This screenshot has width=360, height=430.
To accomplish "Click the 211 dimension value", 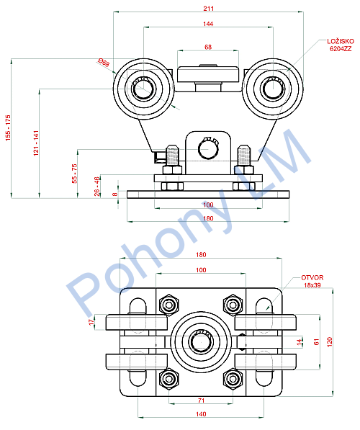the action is (208, 9).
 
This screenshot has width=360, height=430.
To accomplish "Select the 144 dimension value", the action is (208, 24).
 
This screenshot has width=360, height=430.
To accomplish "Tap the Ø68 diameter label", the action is (104, 63).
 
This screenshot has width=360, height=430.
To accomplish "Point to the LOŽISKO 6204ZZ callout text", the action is (341, 45).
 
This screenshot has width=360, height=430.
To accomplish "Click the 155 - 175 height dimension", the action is (8, 128).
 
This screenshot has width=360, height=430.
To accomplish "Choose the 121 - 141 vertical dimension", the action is (36, 143).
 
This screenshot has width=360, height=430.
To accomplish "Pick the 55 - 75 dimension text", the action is (74, 174).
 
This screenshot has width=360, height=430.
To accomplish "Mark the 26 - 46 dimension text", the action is (96, 187).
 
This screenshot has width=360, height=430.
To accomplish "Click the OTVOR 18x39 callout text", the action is (312, 282).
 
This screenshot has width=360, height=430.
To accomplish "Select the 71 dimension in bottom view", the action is (202, 400).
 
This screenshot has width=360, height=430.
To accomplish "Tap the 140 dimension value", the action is (201, 414).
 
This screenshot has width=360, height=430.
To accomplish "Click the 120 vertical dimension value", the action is (329, 342).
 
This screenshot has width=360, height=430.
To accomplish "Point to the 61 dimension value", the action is (317, 342).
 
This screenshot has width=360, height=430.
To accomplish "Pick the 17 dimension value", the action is (91, 322).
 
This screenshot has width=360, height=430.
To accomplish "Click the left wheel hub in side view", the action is (143, 89).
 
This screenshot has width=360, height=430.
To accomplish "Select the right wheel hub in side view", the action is (273, 89).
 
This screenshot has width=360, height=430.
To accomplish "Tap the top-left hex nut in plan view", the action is (169, 305).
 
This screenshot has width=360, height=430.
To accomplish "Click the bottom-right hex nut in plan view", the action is (233, 379).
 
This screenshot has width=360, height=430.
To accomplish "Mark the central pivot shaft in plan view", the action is (201, 342).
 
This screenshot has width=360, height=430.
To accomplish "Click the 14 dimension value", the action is (299, 342).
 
